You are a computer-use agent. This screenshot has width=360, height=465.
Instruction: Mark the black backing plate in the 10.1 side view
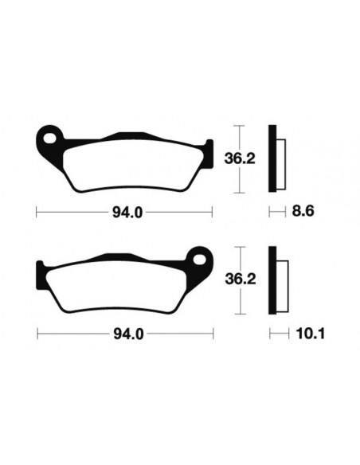tap(272, 281)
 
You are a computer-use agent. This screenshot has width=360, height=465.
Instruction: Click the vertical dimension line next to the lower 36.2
tap(236, 280)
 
